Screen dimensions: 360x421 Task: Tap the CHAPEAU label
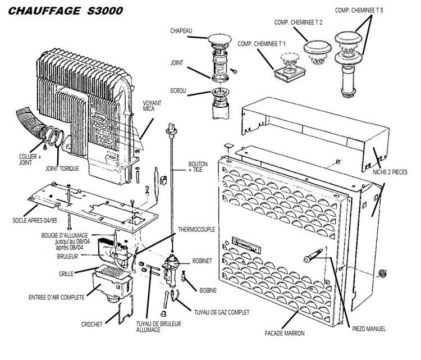point(182,31)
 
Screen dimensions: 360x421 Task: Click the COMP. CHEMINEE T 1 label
point(262,44)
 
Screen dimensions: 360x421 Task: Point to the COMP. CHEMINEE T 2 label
point(298,22)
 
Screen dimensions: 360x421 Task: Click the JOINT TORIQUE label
point(62,168)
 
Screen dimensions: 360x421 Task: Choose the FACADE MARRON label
point(285,333)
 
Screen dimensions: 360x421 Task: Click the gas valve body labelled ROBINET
point(171,264)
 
